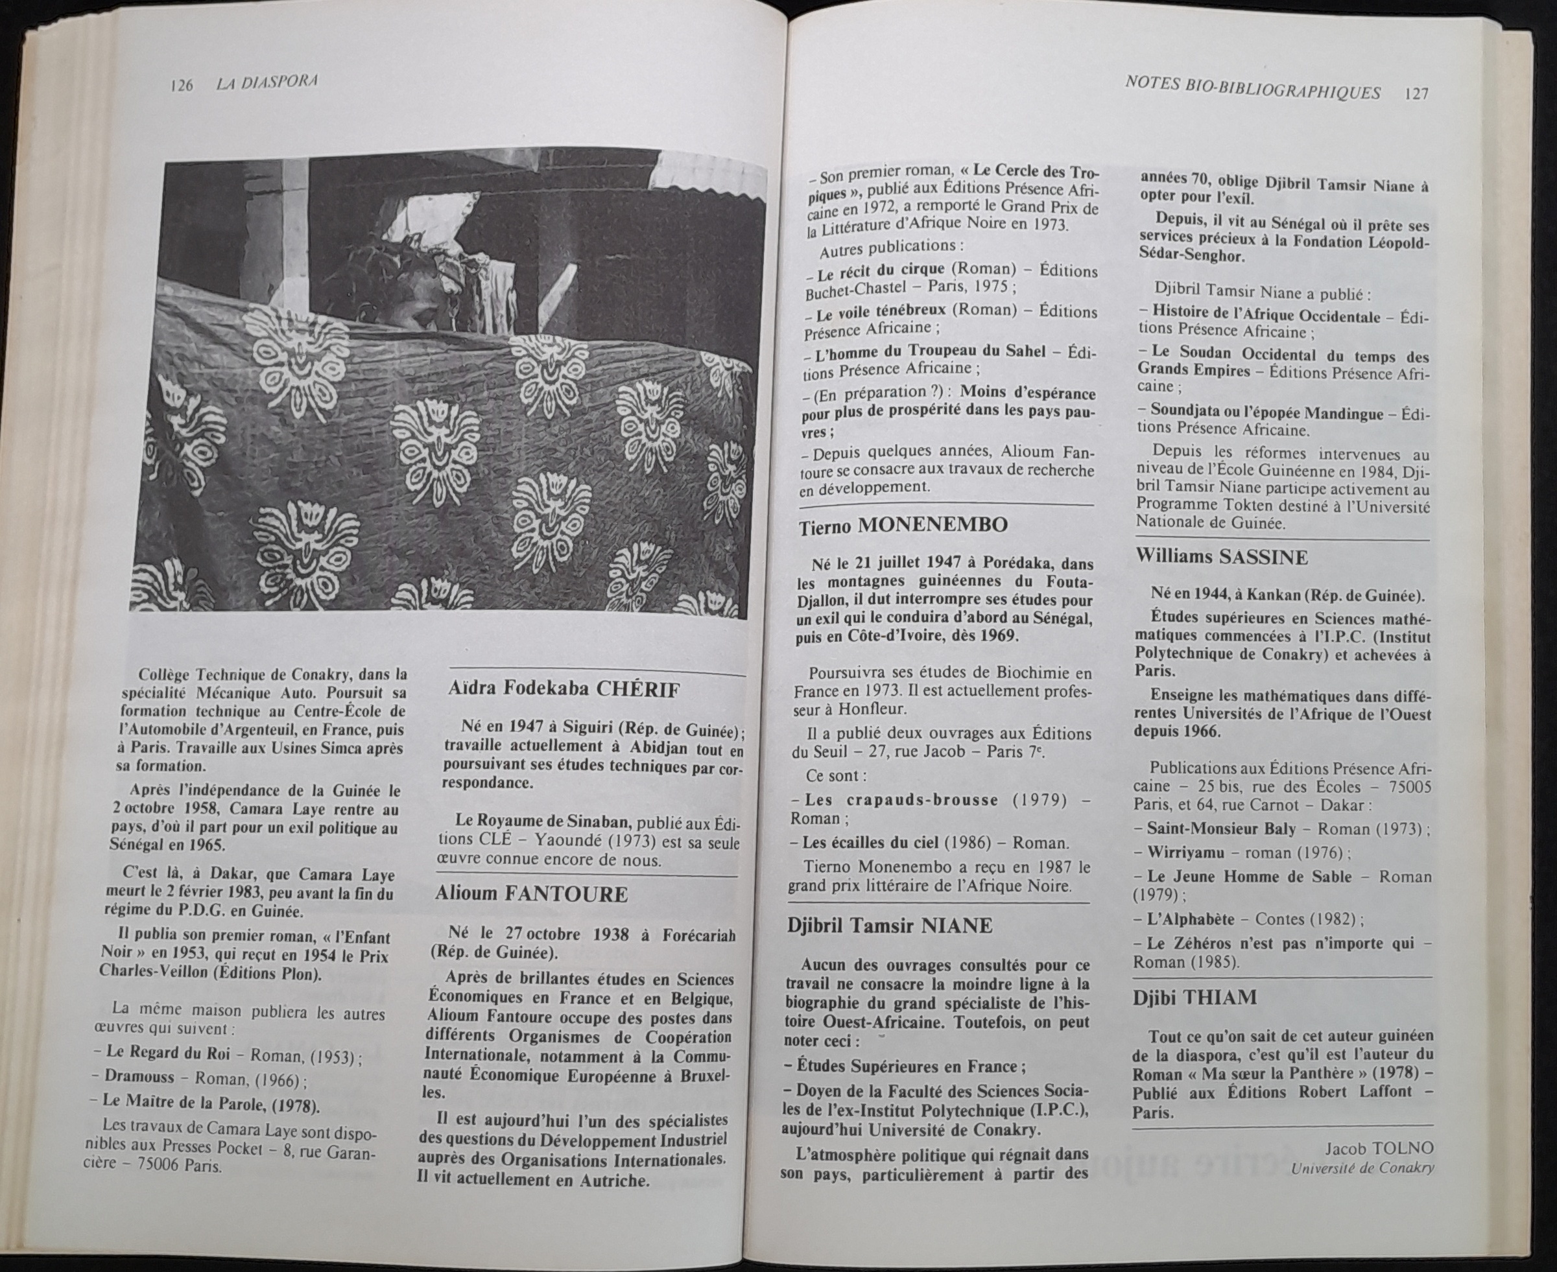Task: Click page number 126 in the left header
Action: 180,85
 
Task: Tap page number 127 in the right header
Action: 1416,94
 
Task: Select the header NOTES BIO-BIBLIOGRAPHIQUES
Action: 1252,91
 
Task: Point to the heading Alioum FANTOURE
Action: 531,894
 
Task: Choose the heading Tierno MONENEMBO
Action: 903,524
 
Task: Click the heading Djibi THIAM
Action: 1194,997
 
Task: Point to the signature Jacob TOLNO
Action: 1379,1148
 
